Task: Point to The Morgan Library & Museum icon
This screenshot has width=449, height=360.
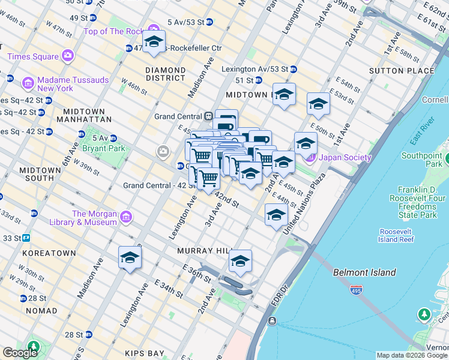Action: click(x=126, y=217)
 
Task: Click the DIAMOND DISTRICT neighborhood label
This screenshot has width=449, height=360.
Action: click(x=165, y=74)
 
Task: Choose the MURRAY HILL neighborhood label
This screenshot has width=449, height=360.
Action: click(x=203, y=250)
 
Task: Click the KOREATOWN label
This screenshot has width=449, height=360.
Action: click(x=49, y=253)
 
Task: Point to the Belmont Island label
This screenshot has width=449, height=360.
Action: click(x=364, y=272)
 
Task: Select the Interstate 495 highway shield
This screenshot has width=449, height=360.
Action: click(x=356, y=290)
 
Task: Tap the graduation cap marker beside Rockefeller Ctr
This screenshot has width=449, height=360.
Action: click(x=154, y=42)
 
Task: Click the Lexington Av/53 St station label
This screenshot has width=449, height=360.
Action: click(x=254, y=69)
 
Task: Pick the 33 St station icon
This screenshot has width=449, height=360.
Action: click(x=26, y=238)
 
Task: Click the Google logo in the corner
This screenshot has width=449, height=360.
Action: click(x=20, y=353)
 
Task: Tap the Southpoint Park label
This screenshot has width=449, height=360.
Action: click(x=421, y=160)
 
